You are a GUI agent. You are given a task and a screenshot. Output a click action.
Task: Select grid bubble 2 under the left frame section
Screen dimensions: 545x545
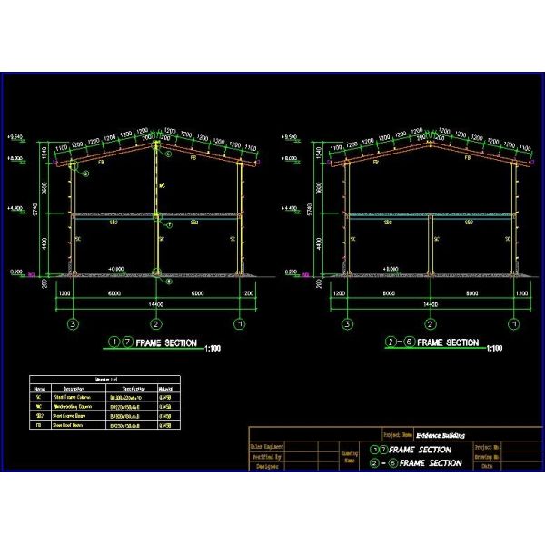coord(156,323)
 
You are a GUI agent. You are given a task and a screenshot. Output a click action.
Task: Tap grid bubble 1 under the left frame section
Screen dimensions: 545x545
coord(239,323)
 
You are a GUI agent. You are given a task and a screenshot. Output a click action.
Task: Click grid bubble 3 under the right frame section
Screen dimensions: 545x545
coord(347,323)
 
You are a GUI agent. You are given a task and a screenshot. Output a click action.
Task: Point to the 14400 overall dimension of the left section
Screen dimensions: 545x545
coord(156,306)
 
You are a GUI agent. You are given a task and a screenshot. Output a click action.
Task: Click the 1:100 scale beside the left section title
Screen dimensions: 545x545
coord(213,348)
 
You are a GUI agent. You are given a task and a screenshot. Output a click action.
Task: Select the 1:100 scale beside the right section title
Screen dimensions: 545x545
coord(495,348)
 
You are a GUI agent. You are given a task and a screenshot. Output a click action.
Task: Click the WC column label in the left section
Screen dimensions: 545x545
coord(163,188)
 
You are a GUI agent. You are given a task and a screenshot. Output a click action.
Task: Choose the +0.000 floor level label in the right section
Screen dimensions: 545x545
coord(388,269)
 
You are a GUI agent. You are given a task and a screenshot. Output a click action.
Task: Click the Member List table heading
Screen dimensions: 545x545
coord(104,380)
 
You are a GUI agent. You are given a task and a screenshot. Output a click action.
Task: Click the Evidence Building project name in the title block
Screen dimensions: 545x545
coord(442,436)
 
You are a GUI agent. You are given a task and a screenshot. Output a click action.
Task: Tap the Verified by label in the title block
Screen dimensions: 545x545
coord(267,456)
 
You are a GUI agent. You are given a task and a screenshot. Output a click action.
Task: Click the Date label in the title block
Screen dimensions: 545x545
coord(488,465)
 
